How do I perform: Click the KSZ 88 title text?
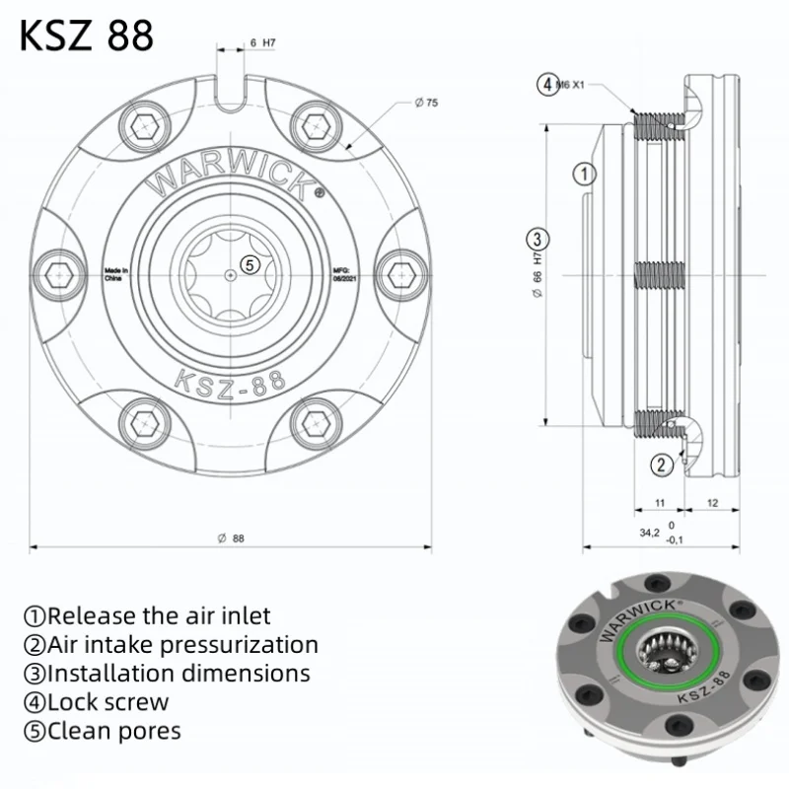coord(87,36)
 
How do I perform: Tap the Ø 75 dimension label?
coord(427,103)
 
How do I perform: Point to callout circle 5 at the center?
coord(250,264)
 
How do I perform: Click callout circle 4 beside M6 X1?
coord(546,84)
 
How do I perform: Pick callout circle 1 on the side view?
coord(584,175)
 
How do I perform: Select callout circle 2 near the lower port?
coord(662,464)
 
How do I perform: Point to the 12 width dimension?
coord(712,503)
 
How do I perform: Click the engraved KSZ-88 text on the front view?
coord(229,379)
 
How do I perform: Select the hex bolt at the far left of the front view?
coord(56,271)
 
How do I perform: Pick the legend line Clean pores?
coord(103,731)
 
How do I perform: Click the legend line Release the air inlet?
coord(147,616)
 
